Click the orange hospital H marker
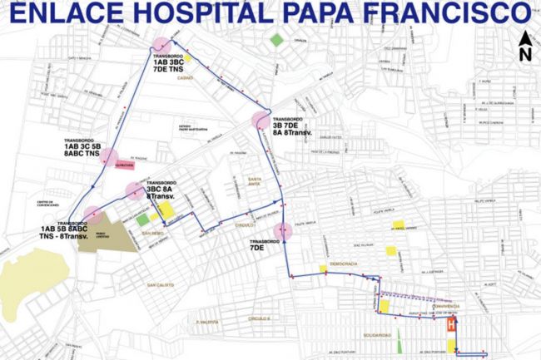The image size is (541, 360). (452, 325)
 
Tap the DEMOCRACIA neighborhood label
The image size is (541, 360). (342, 264)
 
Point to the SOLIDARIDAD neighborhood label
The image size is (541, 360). (379, 335)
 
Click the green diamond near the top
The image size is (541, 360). (276, 39)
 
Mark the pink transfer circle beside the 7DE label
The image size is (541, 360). (285, 231)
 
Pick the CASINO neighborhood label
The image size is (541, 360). (185, 79)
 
